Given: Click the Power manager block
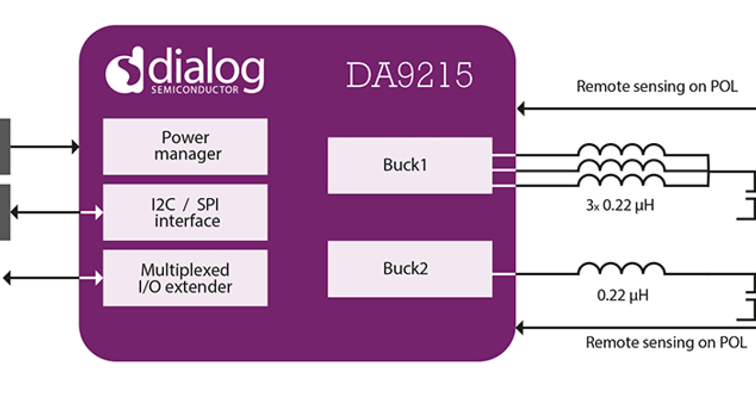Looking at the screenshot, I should [x=185, y=146].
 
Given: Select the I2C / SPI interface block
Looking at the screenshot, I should [x=185, y=212].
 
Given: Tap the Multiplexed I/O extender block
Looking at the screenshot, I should [x=185, y=278].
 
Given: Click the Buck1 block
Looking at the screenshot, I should [x=409, y=166].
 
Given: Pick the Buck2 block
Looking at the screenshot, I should [x=409, y=270].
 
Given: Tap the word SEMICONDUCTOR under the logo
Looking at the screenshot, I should [x=195, y=90].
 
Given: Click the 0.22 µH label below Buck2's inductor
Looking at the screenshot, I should [x=621, y=294].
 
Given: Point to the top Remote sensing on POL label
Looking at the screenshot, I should [x=656, y=87].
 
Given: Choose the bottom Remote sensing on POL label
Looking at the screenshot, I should [x=666, y=343].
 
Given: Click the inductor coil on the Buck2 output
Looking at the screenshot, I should [x=621, y=270].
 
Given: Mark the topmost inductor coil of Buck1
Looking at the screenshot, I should [x=621, y=151].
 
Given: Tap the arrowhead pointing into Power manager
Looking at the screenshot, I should [x=76, y=147].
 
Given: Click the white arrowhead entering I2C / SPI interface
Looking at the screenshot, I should [x=98, y=213].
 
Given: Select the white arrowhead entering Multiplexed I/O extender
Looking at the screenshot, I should [x=98, y=277].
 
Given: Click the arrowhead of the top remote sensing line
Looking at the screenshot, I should [x=520, y=109].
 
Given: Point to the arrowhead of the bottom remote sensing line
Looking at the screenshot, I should [x=520, y=327].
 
